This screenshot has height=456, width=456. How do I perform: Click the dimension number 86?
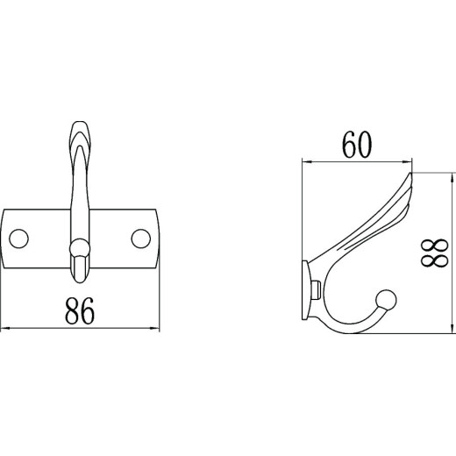[x=80, y=310]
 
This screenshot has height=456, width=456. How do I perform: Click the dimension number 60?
[x=357, y=145]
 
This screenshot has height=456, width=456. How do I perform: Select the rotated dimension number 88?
[x=434, y=253]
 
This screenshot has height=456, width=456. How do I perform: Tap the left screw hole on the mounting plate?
[x=19, y=239]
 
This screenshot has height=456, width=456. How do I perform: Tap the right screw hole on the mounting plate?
[x=141, y=239]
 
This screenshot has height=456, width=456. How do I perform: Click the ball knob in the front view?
[x=80, y=248]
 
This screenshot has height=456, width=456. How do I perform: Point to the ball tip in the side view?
[x=386, y=300]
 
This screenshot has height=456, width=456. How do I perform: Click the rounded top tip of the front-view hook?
[x=80, y=122]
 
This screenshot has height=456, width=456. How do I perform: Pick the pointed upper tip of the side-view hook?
[x=410, y=174]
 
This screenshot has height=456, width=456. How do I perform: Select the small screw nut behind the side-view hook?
[x=317, y=289]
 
